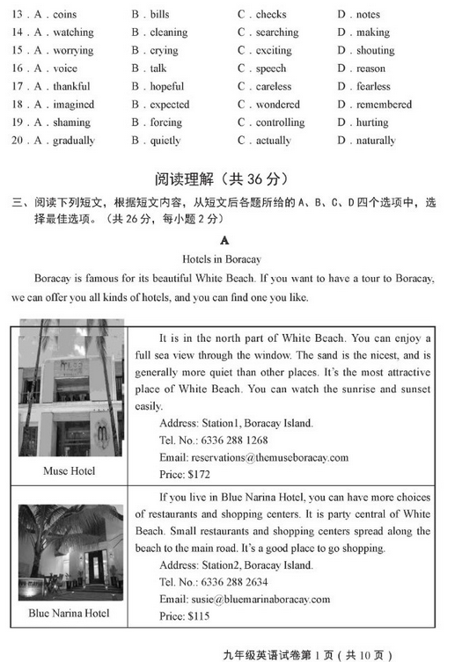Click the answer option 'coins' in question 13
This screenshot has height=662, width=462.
coord(64,15)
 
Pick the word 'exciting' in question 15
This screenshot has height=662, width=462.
coord(274,51)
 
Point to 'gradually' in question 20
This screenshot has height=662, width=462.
coord(74,141)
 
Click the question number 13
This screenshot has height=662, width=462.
coord(18,15)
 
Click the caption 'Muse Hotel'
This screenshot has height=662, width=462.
coord(69,471)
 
